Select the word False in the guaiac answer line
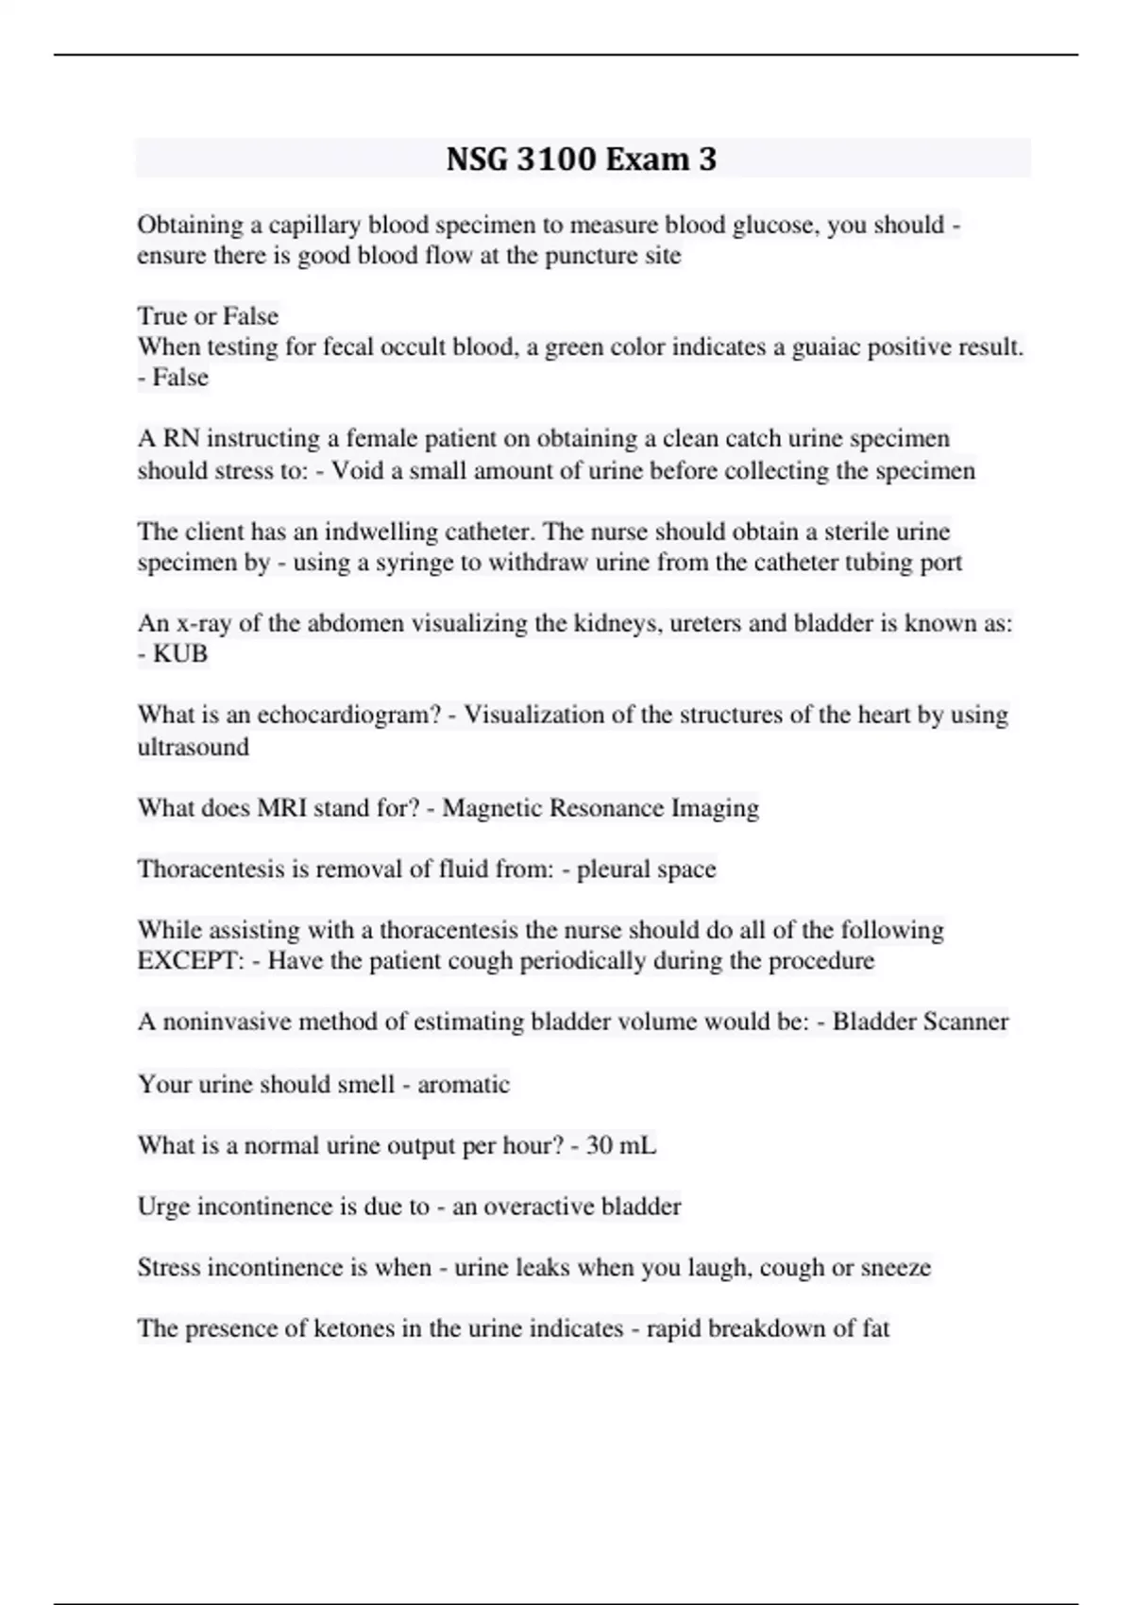click(180, 378)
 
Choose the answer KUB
click(180, 653)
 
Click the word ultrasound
click(193, 747)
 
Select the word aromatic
click(464, 1084)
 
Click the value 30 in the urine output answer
click(600, 1145)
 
